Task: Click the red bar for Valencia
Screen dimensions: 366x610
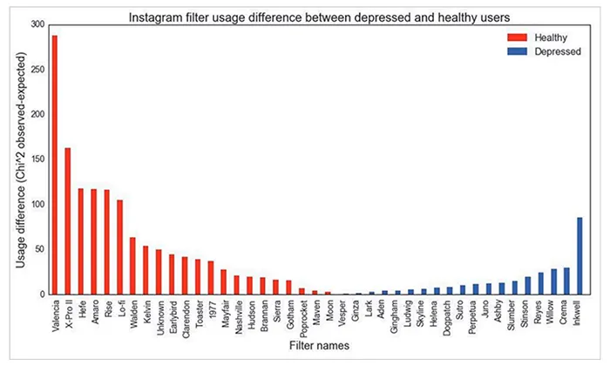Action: (x=55, y=166)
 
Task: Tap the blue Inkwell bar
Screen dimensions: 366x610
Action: (x=579, y=256)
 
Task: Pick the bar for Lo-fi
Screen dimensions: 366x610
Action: (x=119, y=247)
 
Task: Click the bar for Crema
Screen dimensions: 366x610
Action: (x=566, y=281)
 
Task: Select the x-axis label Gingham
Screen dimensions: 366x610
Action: (x=396, y=317)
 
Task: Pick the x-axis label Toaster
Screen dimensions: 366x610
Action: (x=198, y=315)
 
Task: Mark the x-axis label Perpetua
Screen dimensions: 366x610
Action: (x=475, y=318)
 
